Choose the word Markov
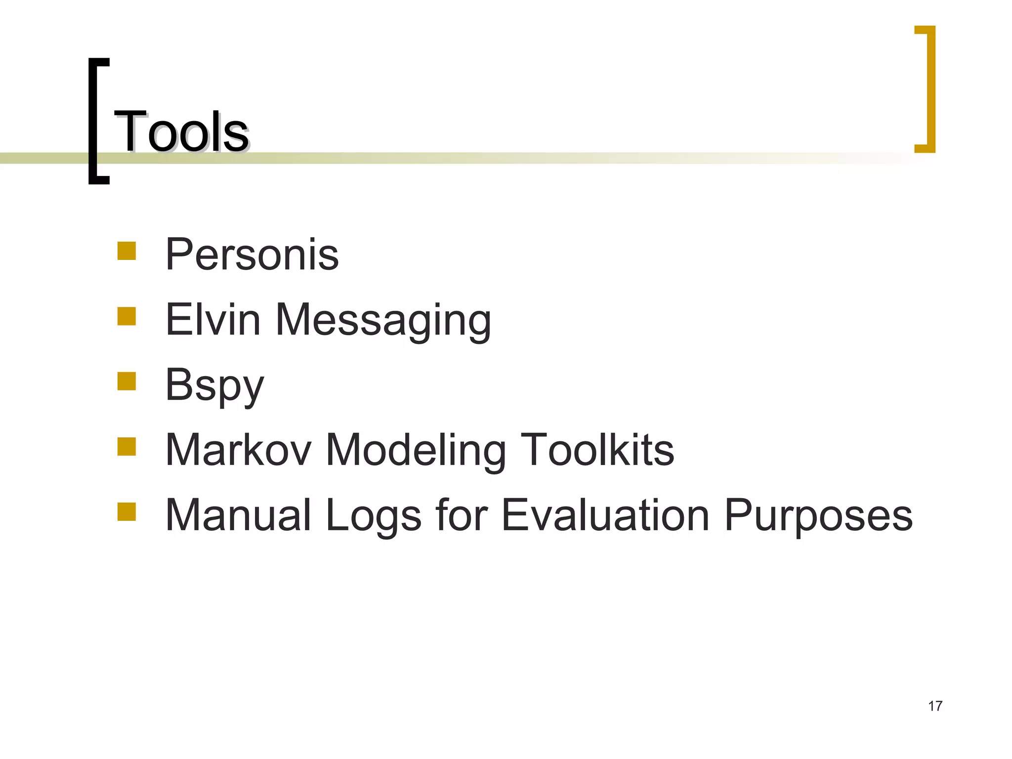pyautogui.click(x=239, y=450)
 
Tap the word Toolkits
pyautogui.click(x=597, y=450)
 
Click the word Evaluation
pyautogui.click(x=606, y=515)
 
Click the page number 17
pyautogui.click(x=935, y=706)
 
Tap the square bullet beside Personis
pyautogui.click(x=126, y=251)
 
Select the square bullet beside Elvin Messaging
pyautogui.click(x=126, y=316)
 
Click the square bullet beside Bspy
pyautogui.click(x=126, y=381)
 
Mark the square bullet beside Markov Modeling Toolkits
pyautogui.click(x=126, y=446)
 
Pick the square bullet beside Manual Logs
pyautogui.click(x=126, y=512)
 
